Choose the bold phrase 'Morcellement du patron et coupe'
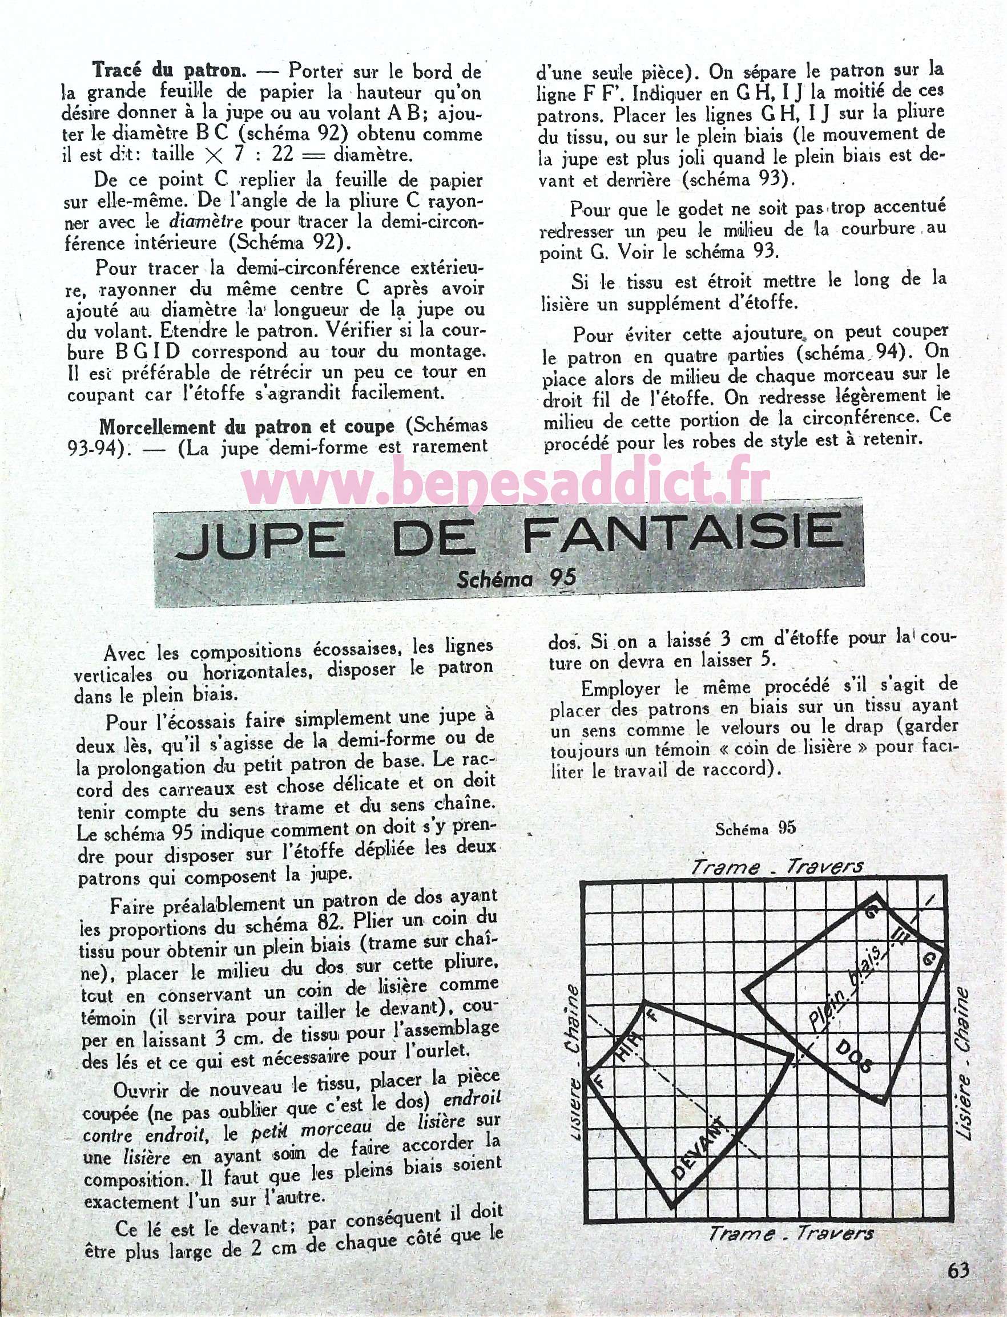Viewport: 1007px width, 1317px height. pos(247,426)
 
